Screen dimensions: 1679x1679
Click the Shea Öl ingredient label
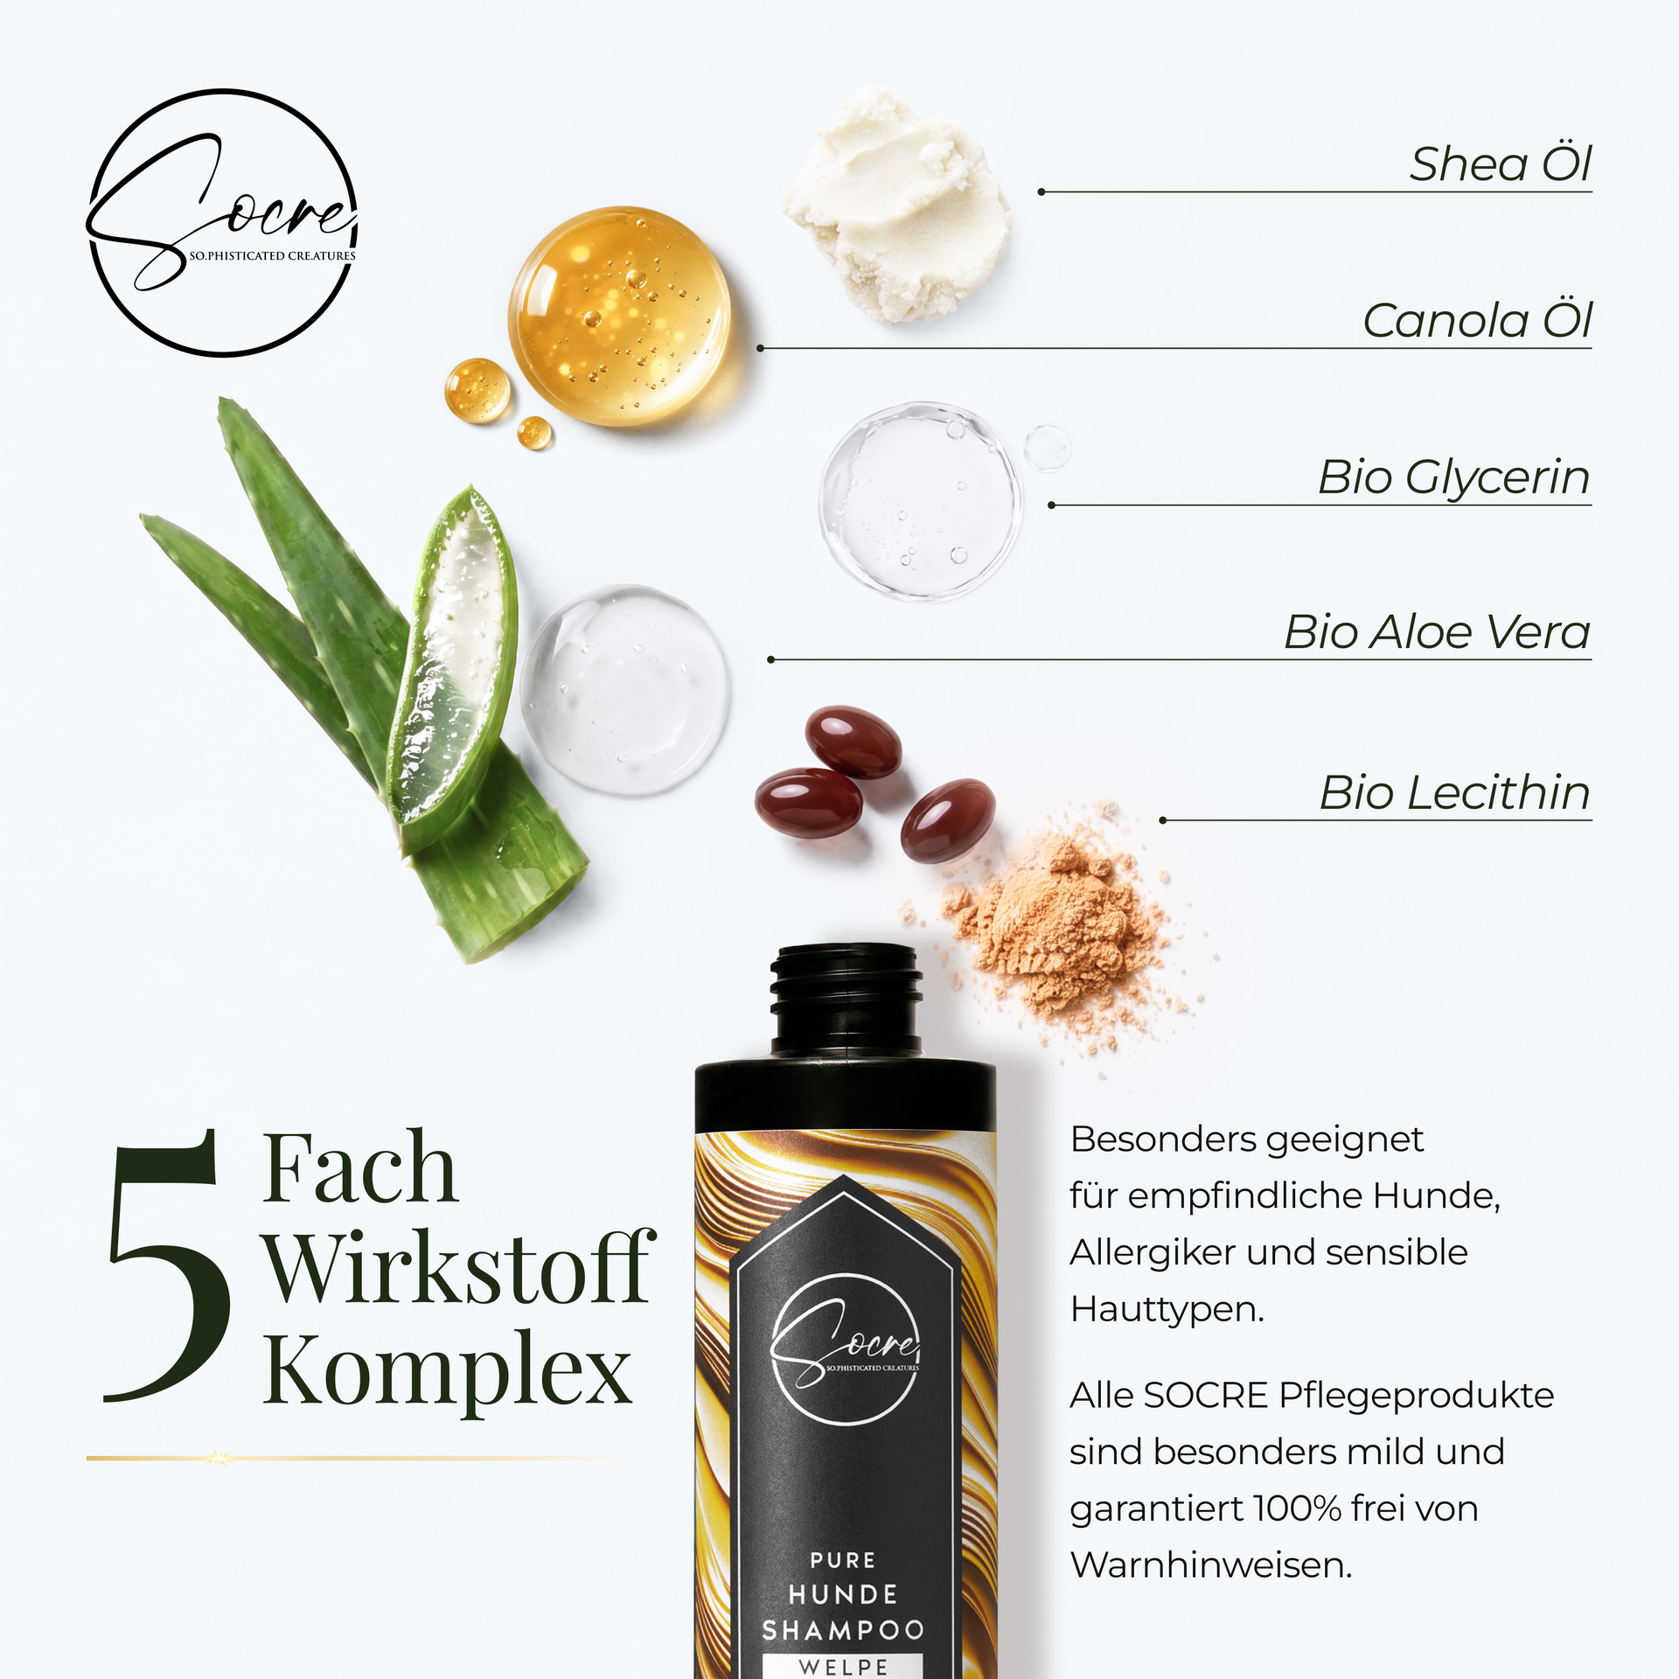click(x=1500, y=164)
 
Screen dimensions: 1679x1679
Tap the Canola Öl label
click(x=1477, y=320)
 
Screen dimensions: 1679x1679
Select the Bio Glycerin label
click(x=1453, y=477)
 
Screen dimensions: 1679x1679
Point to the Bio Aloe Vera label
click(x=1437, y=631)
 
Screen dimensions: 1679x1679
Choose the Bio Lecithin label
click(x=1454, y=792)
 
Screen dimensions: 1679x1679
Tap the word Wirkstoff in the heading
click(x=460, y=1267)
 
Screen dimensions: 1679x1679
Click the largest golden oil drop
click(x=620, y=317)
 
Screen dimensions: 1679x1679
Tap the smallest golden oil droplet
click(x=534, y=432)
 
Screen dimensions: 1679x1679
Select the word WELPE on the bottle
click(x=843, y=1667)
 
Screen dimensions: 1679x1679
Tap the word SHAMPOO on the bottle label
click(x=843, y=1630)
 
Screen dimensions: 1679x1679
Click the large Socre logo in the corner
click(x=223, y=223)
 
